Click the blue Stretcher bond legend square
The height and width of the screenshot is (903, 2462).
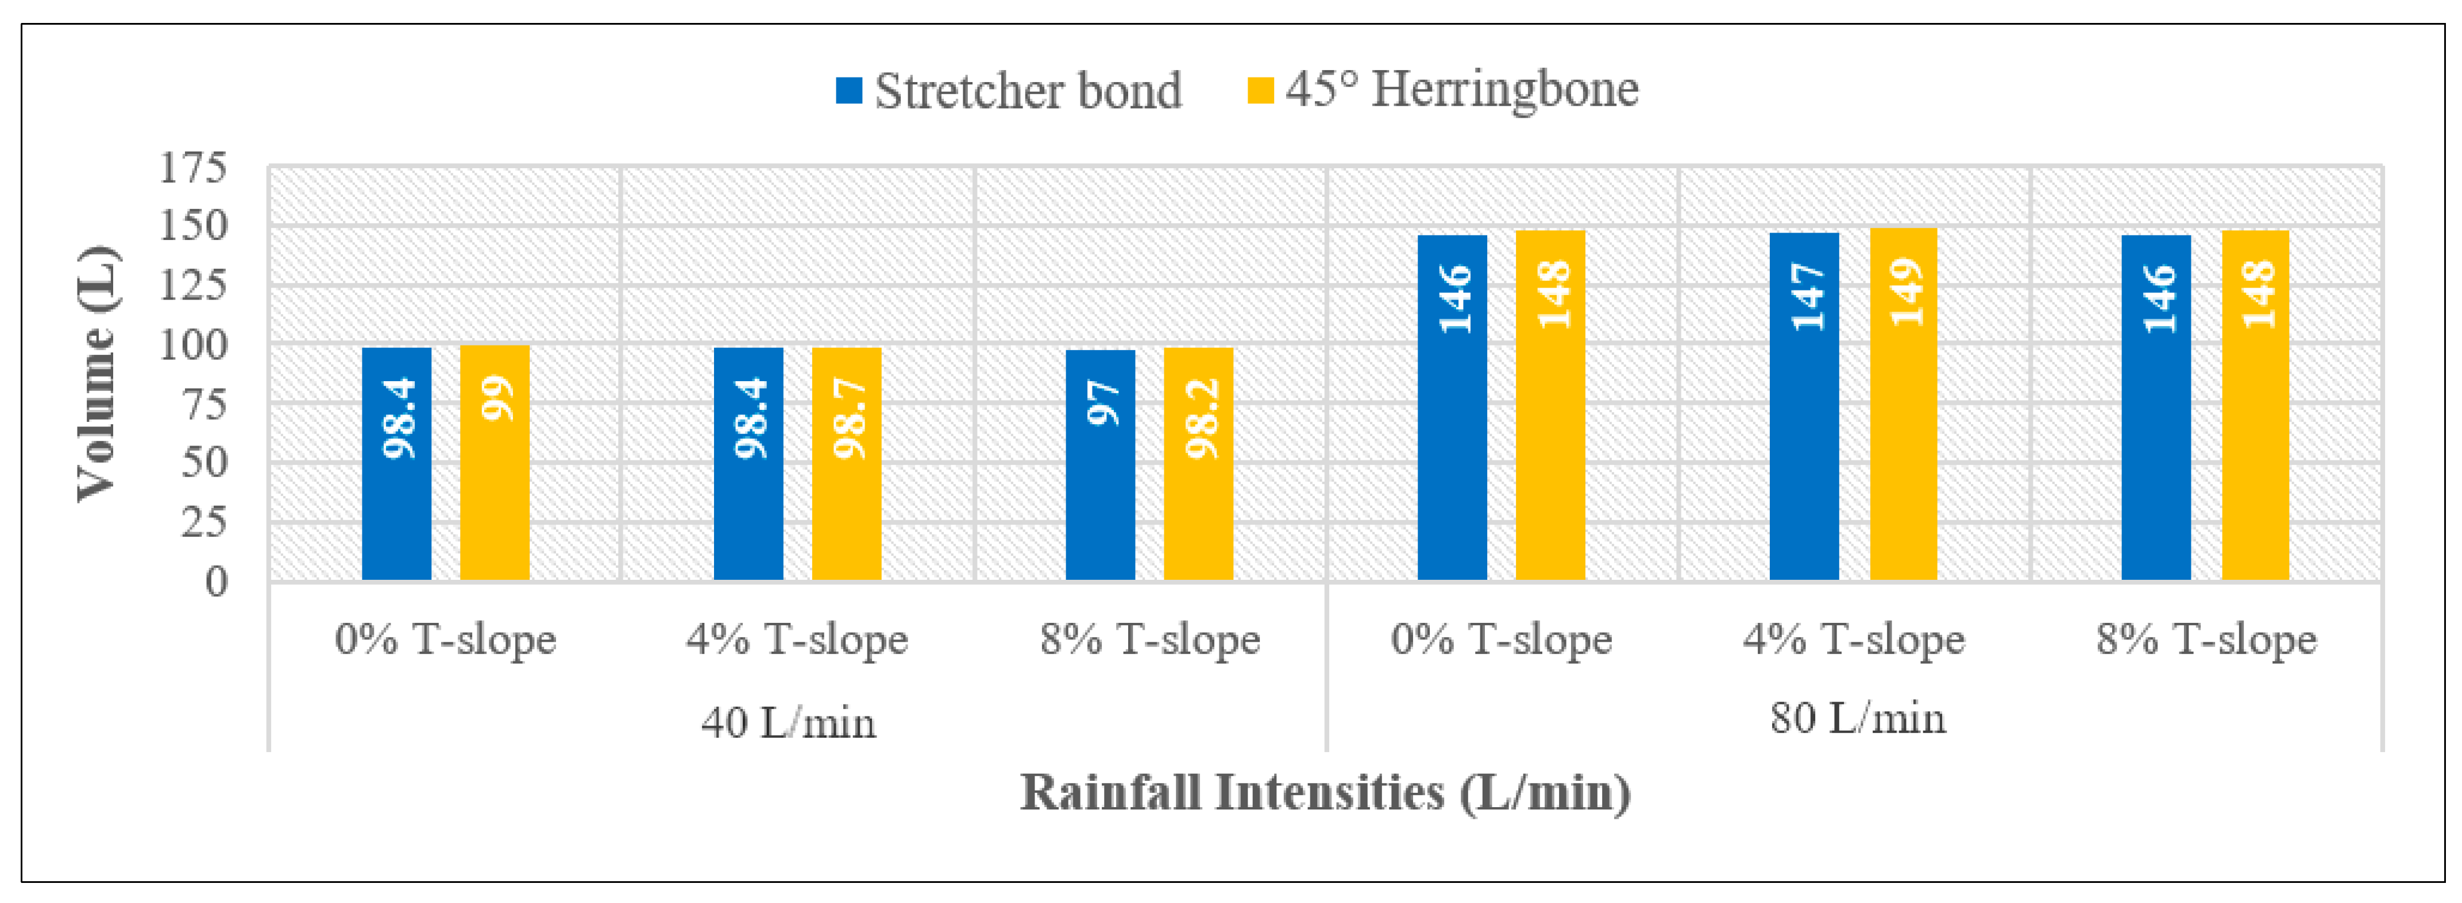pyautogui.click(x=848, y=91)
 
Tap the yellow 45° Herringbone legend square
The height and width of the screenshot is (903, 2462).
pyautogui.click(x=1261, y=91)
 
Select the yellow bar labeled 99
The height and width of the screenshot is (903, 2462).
pyautogui.click(x=495, y=463)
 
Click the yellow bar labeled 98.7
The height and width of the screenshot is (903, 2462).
pyautogui.click(x=847, y=463)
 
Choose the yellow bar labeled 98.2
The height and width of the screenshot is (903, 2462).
pyautogui.click(x=1198, y=463)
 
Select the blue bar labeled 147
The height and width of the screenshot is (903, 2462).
pyautogui.click(x=1804, y=406)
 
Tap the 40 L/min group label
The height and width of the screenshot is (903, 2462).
pyautogui.click(x=789, y=722)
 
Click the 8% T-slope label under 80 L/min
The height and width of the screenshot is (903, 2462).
pyautogui.click(x=2207, y=640)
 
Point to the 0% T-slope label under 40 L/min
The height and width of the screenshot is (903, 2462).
pyautogui.click(x=445, y=640)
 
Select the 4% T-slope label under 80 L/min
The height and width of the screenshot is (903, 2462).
pyautogui.click(x=1854, y=640)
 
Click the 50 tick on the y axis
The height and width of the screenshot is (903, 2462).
pyautogui.click(x=203, y=463)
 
